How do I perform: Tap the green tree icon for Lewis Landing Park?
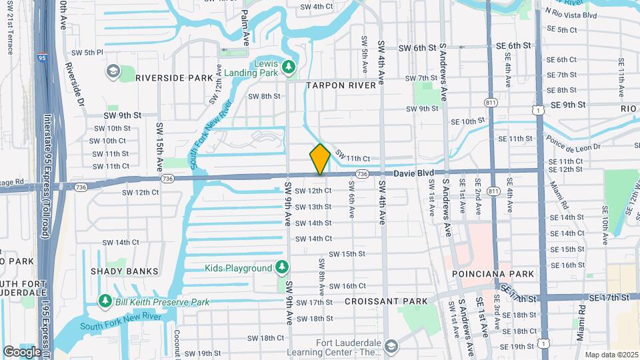tap(289, 67)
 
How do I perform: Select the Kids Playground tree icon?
tap(282, 267)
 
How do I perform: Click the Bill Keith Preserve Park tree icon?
tap(105, 302)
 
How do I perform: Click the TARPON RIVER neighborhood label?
tap(339, 85)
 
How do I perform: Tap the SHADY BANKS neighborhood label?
tap(125, 271)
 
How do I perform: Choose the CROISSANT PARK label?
tap(386, 301)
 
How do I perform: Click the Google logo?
tap(21, 351)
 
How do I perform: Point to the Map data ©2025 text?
tap(612, 354)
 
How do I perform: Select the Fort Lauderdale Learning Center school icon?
tap(391, 345)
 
